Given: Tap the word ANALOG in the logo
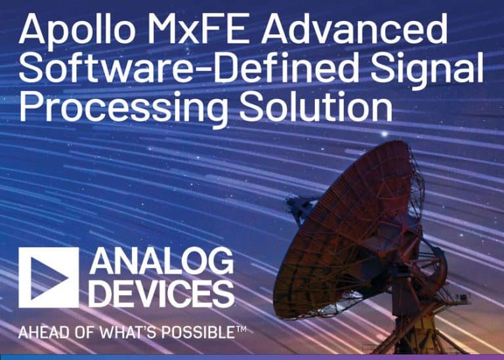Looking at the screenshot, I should click(161, 263).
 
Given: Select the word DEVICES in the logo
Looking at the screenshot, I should click(161, 293).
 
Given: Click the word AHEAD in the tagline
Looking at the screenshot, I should click(41, 332).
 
